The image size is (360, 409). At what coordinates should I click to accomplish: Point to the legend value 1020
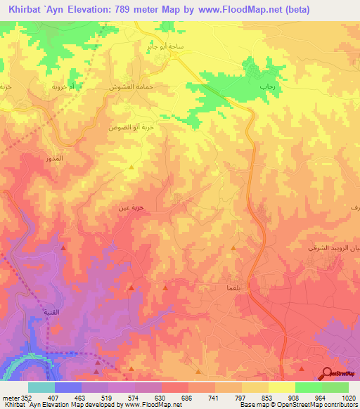point(348,398)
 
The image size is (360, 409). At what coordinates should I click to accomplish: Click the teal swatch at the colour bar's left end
point(41,387)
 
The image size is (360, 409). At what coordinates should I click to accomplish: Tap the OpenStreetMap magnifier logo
point(328,375)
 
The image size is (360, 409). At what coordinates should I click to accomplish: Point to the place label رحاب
point(268,85)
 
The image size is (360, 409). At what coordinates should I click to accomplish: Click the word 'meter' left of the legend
point(10,398)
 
